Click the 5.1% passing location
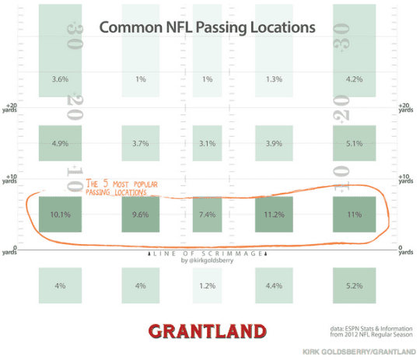tap(355, 143)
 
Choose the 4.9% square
tap(61, 143)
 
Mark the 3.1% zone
tap(208, 143)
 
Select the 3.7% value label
tap(141, 143)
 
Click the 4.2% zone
tap(355, 79)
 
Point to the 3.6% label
tap(61, 79)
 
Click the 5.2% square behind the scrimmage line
tap(355, 286)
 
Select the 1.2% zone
tap(208, 286)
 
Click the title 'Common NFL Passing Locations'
tap(207, 27)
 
